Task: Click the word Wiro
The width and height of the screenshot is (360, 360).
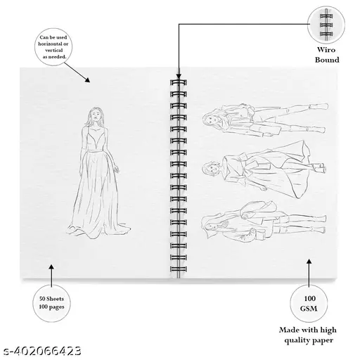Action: [x=326, y=50]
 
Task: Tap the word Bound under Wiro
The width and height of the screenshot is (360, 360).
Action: [x=327, y=60]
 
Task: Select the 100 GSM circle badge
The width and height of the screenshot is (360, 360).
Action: [x=309, y=304]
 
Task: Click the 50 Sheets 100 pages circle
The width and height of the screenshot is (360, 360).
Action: [x=51, y=303]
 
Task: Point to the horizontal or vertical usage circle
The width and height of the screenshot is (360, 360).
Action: [x=53, y=47]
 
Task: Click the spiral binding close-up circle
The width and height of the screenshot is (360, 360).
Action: [x=326, y=25]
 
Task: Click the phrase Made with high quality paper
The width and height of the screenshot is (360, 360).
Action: [x=308, y=335]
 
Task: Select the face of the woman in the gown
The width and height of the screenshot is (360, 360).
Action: [x=96, y=115]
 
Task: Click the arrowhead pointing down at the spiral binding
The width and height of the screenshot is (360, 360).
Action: [x=179, y=76]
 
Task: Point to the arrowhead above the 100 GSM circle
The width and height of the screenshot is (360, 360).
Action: [x=309, y=262]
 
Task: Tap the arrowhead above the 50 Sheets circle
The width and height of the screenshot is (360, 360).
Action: [x=51, y=267]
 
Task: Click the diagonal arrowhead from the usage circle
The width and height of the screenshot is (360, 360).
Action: [x=88, y=80]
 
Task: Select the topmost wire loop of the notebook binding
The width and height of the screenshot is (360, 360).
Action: [x=179, y=82]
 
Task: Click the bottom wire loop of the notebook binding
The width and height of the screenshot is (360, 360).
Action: [x=179, y=269]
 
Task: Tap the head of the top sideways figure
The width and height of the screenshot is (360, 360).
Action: [x=211, y=118]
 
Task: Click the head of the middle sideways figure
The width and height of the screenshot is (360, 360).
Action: [x=210, y=168]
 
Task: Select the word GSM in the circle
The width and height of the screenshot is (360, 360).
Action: [x=309, y=309]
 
